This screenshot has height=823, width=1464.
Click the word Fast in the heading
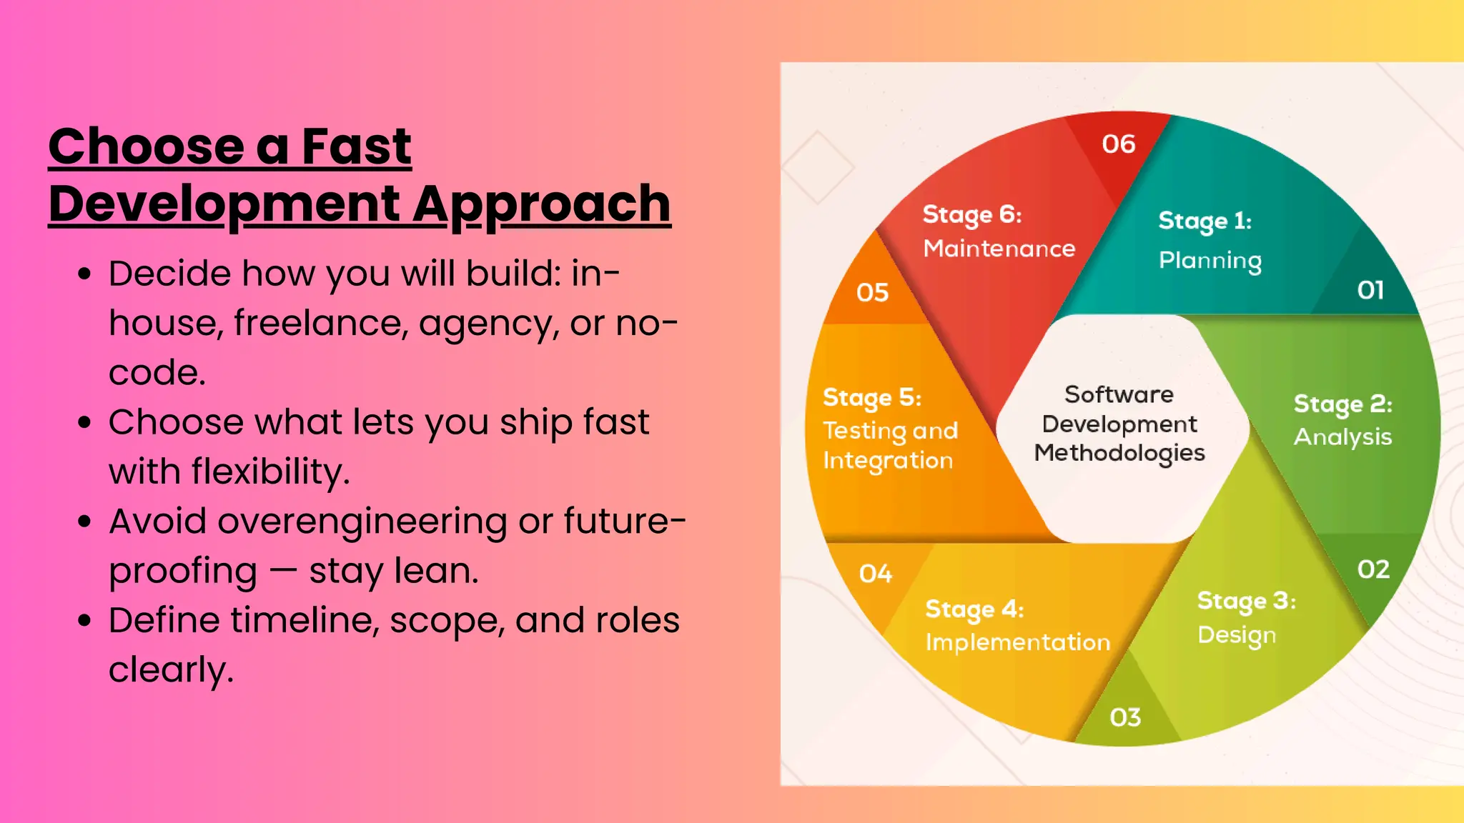pyautogui.click(x=356, y=146)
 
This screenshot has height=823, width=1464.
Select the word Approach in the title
pyautogui.click(x=541, y=204)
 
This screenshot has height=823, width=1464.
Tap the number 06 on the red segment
pyautogui.click(x=1119, y=144)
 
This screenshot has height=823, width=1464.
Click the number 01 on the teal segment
pyautogui.click(x=1370, y=290)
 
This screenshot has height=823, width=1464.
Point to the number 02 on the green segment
pyautogui.click(x=1373, y=569)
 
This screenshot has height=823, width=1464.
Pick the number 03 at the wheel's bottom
pyautogui.click(x=1125, y=717)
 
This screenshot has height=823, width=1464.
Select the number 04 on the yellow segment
pyautogui.click(x=876, y=573)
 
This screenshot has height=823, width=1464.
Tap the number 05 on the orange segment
pyautogui.click(x=872, y=292)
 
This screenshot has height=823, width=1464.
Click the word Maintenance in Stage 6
pyautogui.click(x=999, y=249)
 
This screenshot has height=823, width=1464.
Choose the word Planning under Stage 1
pyautogui.click(x=1210, y=261)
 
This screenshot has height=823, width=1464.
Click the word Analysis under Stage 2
pyautogui.click(x=1342, y=437)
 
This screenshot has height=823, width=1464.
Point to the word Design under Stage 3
pyautogui.click(x=1237, y=635)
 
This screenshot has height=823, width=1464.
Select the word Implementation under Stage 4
pyautogui.click(x=1017, y=642)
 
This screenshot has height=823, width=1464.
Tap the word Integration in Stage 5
pyautogui.click(x=888, y=461)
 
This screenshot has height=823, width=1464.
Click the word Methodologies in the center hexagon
pyautogui.click(x=1119, y=453)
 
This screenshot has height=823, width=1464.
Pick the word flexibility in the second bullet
pyautogui.click(x=269, y=472)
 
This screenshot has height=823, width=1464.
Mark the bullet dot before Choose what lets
pyautogui.click(x=85, y=422)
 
